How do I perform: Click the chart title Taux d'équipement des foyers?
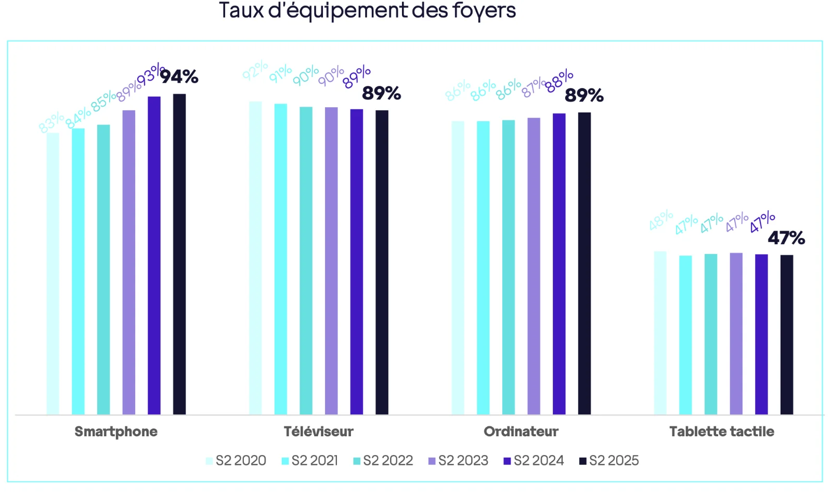pyautogui.click(x=367, y=10)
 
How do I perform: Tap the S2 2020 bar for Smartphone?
pyautogui.click(x=53, y=273)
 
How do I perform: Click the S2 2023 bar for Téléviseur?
pyautogui.click(x=331, y=260)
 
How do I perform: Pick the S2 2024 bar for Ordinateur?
pyautogui.click(x=559, y=263)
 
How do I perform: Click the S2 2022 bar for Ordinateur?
pyautogui.click(x=509, y=267)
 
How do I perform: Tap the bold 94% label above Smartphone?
pyautogui.click(x=179, y=77)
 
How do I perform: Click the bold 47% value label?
pyautogui.click(x=786, y=238)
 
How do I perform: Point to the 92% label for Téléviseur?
pyautogui.click(x=255, y=71)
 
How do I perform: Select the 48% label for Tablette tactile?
pyautogui.click(x=660, y=220)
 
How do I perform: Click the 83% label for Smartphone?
pyautogui.click(x=51, y=122)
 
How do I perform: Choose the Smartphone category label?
pyautogui.click(x=116, y=432)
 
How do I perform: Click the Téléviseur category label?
pyautogui.click(x=318, y=432)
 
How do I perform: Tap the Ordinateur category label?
pyautogui.click(x=521, y=432)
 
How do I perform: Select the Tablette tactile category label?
pyautogui.click(x=722, y=432)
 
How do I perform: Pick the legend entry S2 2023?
pyautogui.click(x=458, y=461)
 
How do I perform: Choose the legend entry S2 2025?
pyautogui.click(x=609, y=461)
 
